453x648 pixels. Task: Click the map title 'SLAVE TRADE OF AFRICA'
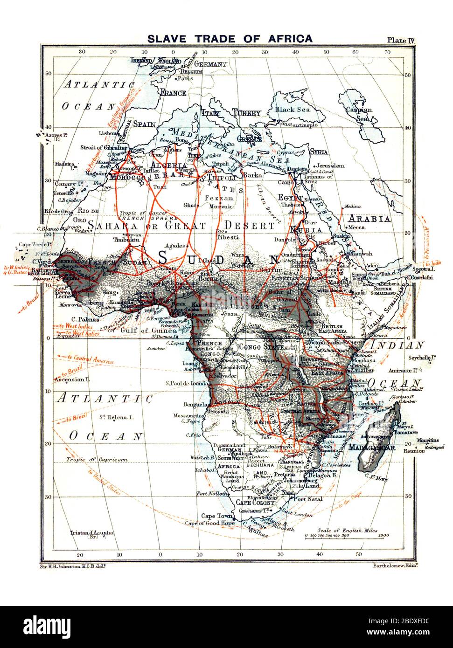230,39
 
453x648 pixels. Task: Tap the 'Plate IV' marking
400,40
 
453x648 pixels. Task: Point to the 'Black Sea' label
292,110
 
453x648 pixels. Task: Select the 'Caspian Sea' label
359,114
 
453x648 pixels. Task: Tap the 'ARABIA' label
371,219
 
